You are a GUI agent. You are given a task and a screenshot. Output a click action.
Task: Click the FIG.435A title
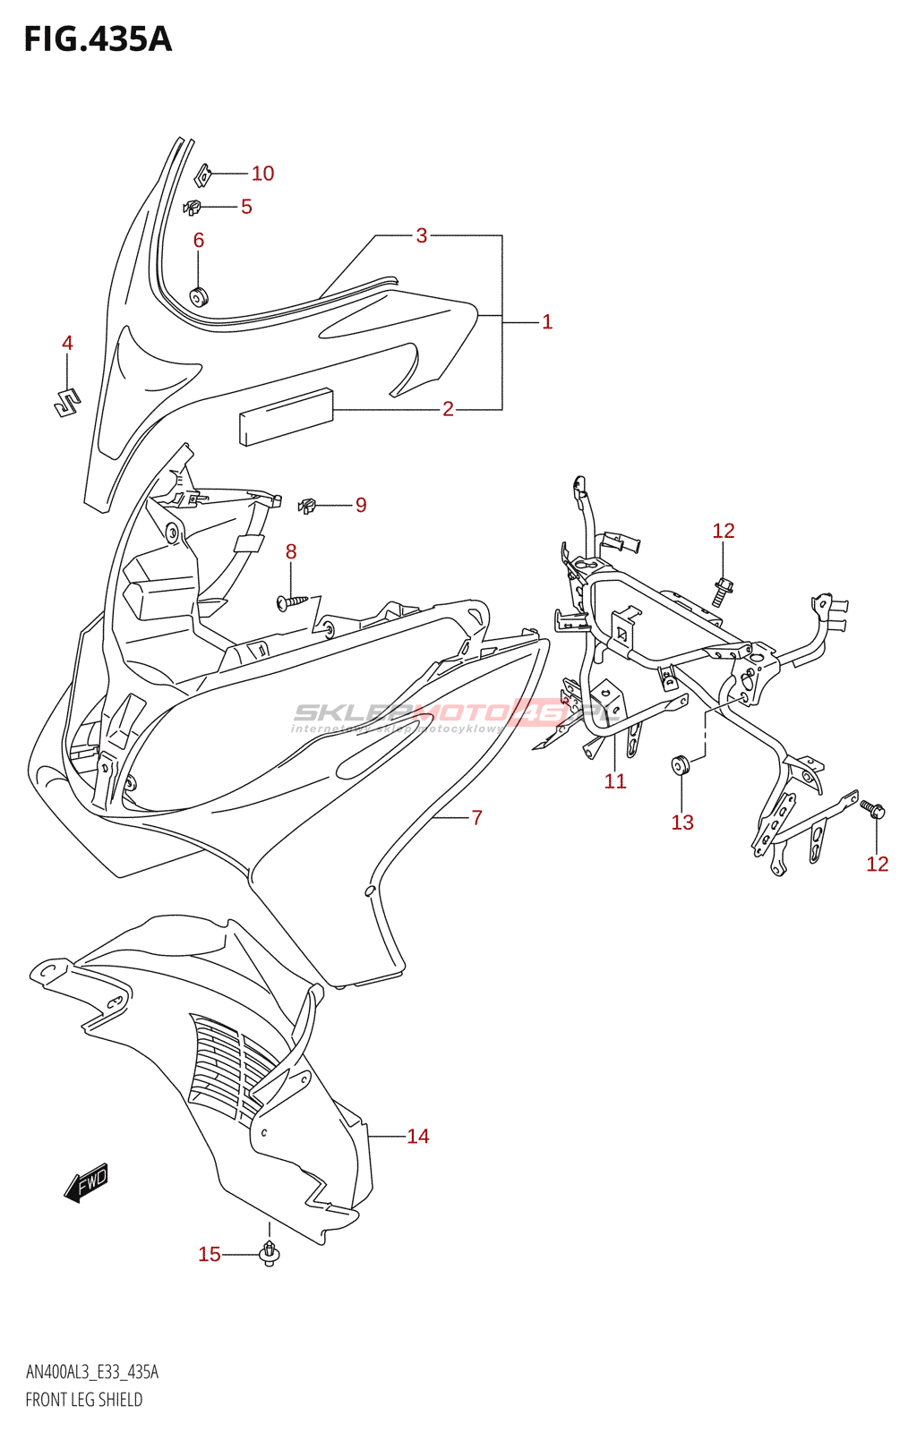tap(97, 39)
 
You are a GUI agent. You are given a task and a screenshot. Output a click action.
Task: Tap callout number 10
tap(262, 174)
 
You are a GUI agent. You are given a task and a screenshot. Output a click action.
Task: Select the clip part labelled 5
tap(193, 208)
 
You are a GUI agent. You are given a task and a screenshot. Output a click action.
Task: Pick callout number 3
tap(421, 235)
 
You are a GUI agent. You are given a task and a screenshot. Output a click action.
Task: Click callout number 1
tap(547, 322)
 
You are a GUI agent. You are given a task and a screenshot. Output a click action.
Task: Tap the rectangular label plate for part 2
tap(286, 415)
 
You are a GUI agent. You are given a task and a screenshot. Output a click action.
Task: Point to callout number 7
tap(476, 817)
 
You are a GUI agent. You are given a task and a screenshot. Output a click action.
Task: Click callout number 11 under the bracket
tap(615, 781)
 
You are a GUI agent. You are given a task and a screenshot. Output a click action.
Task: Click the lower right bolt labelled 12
tap(873, 810)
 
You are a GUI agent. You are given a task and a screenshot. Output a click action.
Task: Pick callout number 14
tap(418, 1137)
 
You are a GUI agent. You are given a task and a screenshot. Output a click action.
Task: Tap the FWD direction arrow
tap(87, 1183)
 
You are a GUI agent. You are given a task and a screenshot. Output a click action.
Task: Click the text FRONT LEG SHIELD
tap(83, 1400)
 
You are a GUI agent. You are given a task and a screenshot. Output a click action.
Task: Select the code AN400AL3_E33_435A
tap(91, 1372)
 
